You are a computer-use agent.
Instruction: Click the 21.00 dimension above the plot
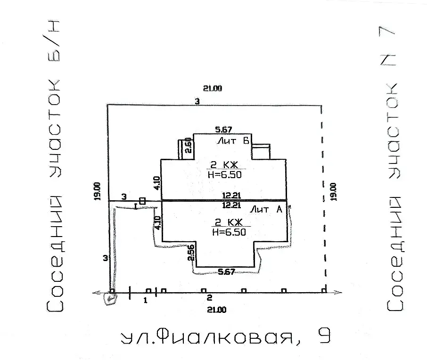213,88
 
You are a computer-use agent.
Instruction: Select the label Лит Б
233,141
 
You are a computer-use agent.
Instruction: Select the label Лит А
266,210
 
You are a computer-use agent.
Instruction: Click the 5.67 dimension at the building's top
223,130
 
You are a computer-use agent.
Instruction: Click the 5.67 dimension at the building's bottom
227,271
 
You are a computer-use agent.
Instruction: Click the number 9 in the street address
323,336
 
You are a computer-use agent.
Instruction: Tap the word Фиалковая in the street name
228,337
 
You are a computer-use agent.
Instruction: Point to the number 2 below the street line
208,298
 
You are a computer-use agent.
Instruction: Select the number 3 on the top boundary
197,101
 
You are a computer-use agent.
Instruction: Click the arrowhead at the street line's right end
338,293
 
